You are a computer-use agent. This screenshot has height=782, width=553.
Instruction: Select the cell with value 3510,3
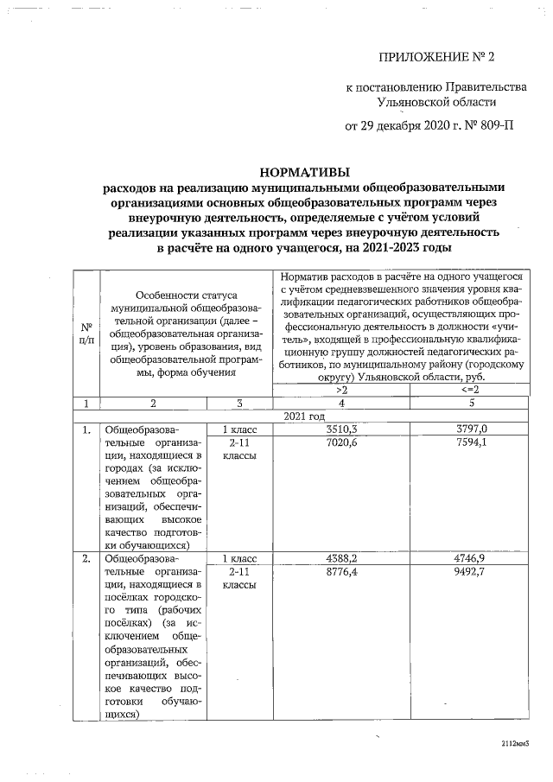pyautogui.click(x=341, y=429)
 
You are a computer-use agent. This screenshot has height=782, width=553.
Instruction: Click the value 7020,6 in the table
pyautogui.click(x=341, y=442)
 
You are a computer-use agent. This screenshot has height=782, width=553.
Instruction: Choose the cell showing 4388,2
pyautogui.click(x=341, y=559)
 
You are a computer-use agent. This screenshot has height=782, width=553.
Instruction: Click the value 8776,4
pyautogui.click(x=341, y=573)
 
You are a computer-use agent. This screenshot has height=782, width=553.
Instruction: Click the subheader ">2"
pyautogui.click(x=341, y=390)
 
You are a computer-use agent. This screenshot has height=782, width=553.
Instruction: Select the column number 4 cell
pyautogui.click(x=341, y=403)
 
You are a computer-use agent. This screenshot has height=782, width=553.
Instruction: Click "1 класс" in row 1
pyautogui.click(x=238, y=429)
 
